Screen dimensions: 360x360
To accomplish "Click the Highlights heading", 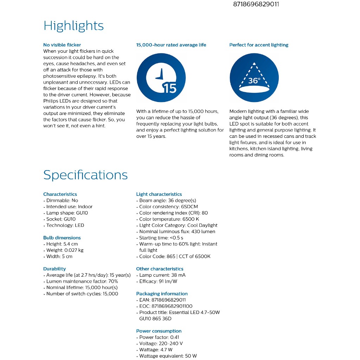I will [73, 26].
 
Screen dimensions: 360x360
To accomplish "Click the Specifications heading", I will [85, 175].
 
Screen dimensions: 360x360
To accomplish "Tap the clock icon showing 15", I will [161, 78].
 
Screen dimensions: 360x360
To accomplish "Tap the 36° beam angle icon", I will [254, 78].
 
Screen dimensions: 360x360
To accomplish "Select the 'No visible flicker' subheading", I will [62, 45].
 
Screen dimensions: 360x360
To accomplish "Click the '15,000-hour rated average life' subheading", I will [171, 45].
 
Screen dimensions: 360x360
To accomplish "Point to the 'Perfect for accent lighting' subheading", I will [259, 45].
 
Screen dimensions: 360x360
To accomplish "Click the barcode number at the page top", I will [256, 5].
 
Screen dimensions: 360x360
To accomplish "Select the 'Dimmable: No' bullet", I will [62, 200].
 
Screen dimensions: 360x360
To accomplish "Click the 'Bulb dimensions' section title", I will [62, 238].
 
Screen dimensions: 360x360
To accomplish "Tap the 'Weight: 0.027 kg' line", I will [65, 250].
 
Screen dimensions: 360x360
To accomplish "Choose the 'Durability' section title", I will [54, 269].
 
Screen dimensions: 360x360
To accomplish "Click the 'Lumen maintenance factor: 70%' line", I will [82, 281].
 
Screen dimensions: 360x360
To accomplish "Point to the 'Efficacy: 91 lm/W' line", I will [158, 281].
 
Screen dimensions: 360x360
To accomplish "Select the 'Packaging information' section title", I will [162, 294].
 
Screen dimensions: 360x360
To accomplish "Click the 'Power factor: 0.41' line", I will [159, 337].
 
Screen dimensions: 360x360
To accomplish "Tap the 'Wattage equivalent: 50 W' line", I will [168, 356].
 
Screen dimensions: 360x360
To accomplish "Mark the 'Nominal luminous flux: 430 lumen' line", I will [177, 232].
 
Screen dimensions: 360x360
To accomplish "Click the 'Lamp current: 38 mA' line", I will [162, 275].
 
